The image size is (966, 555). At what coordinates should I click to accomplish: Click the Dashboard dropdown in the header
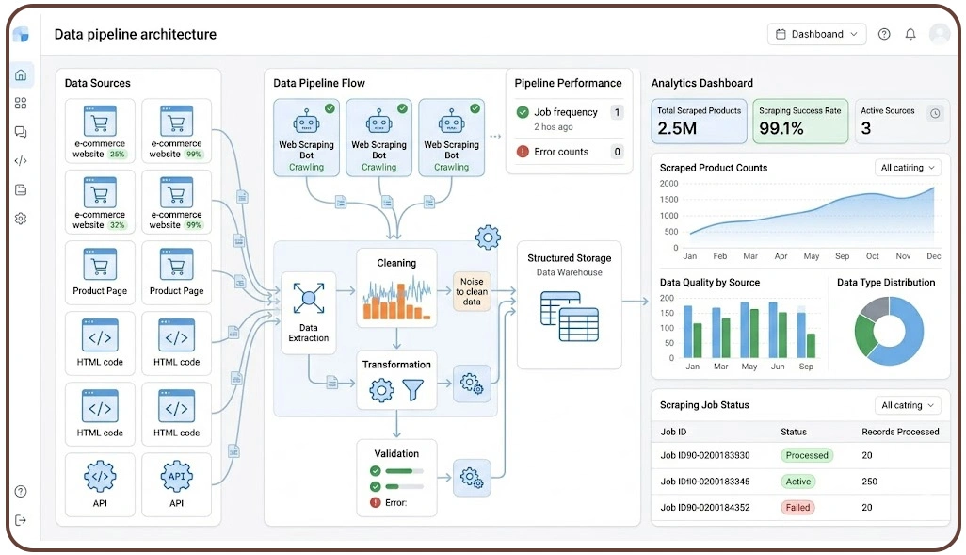click(x=816, y=34)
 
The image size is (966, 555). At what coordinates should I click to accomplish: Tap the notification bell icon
click(x=910, y=34)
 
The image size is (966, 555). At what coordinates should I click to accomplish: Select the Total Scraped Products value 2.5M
click(x=676, y=128)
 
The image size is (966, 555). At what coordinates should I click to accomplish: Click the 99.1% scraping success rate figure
click(x=781, y=128)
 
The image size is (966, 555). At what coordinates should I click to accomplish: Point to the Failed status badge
click(x=797, y=508)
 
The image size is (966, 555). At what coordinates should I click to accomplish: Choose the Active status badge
click(x=797, y=482)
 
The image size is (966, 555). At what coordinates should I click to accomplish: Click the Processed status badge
click(x=807, y=455)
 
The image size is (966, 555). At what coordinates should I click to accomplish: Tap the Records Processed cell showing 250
click(x=869, y=482)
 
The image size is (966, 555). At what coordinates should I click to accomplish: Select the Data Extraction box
click(x=309, y=313)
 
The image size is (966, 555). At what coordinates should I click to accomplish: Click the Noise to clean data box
click(x=472, y=291)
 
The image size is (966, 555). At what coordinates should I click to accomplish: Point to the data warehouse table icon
click(x=570, y=317)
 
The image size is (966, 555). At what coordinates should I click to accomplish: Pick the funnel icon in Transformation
click(x=412, y=390)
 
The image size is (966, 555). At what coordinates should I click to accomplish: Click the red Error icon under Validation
click(x=375, y=502)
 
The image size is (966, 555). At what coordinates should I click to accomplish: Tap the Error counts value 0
click(x=617, y=152)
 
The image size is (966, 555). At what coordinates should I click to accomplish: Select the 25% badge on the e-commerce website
click(x=117, y=155)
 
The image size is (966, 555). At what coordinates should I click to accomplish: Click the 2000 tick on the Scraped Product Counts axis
click(x=668, y=184)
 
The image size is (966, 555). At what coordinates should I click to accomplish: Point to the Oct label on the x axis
click(x=873, y=256)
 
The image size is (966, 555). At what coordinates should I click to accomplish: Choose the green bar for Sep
click(x=812, y=346)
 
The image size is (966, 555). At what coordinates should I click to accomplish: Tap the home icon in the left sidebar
click(x=21, y=75)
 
